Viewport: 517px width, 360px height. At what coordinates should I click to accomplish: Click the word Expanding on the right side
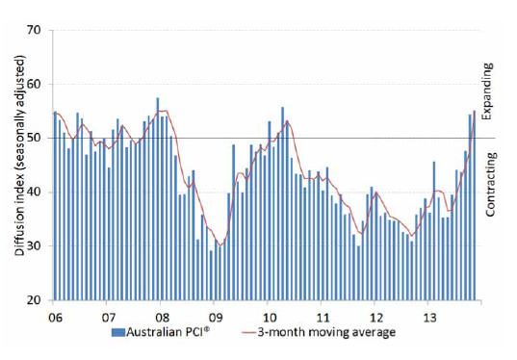(487, 90)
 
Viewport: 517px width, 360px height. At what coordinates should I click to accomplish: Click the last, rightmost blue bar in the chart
(474, 206)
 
